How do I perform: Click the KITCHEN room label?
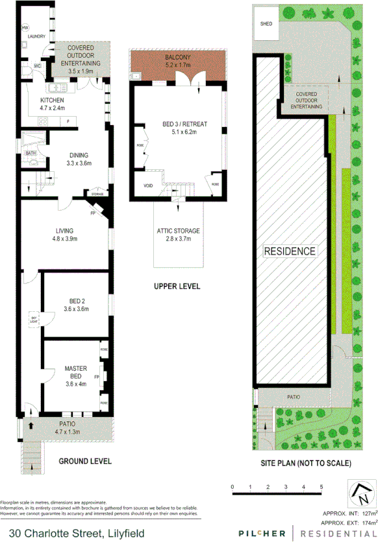[x=52, y=100]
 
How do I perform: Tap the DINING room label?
[x=80, y=155]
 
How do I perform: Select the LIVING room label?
[x=64, y=230]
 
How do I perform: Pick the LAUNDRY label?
[x=36, y=37]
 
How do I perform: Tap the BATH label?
[x=31, y=154]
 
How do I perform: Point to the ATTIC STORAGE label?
[x=178, y=231]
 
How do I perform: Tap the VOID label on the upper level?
[x=148, y=186]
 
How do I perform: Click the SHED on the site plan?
[x=266, y=24]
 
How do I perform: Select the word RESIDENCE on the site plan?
[x=290, y=251]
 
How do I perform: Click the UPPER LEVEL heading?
[x=177, y=286]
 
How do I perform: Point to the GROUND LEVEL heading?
[x=85, y=462]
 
